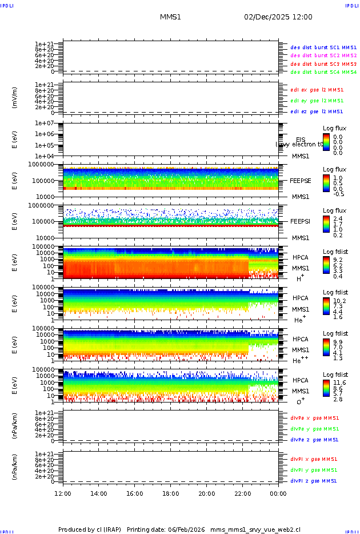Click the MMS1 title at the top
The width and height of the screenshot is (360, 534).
click(x=170, y=17)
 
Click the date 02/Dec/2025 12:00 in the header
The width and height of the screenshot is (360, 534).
click(x=278, y=17)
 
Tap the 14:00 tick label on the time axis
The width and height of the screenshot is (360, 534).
click(x=99, y=493)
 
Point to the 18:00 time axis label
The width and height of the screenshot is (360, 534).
click(x=171, y=493)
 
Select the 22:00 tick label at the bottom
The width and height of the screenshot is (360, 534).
click(x=242, y=493)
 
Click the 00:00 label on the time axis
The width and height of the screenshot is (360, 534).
click(x=278, y=493)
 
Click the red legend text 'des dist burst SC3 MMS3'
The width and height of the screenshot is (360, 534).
click(x=323, y=64)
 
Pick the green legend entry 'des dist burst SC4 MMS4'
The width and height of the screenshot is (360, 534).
click(x=323, y=73)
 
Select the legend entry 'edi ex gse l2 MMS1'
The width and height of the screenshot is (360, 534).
click(x=317, y=90)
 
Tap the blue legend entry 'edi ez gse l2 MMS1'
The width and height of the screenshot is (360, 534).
click(x=317, y=111)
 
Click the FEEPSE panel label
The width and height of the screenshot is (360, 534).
click(x=301, y=181)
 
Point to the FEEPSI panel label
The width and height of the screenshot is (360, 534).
click(x=301, y=221)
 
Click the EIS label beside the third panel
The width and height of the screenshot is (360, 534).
click(x=301, y=140)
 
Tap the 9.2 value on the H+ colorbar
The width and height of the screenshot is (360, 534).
click(x=338, y=260)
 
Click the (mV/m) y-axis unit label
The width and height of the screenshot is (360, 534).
click(x=15, y=98)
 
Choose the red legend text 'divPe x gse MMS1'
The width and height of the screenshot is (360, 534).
click(x=315, y=418)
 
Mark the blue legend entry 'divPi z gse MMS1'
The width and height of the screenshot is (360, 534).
click(x=314, y=481)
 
